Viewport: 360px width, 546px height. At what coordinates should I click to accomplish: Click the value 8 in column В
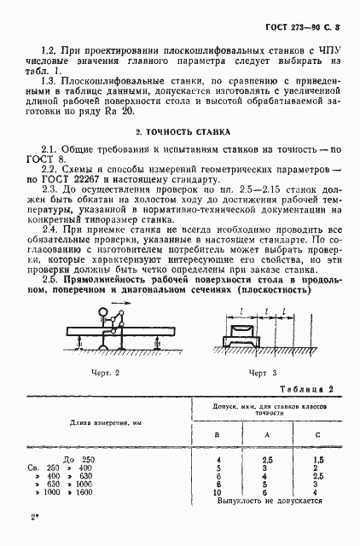tap(218, 485)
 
